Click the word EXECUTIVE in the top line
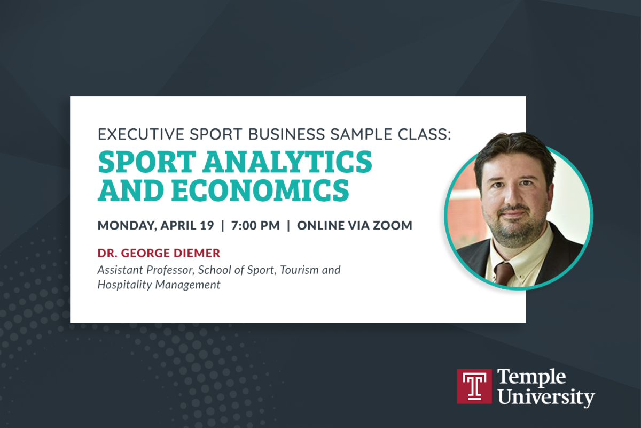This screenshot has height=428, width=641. [141, 134]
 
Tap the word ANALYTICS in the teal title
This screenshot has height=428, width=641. [287, 162]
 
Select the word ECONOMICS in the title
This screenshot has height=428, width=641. [260, 190]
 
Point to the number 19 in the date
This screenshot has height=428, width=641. [207, 225]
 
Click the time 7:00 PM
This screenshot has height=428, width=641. [255, 225]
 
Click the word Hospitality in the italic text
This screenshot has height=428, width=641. [125, 285]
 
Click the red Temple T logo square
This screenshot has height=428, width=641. [474, 386]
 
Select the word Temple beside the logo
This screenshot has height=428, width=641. [531, 377]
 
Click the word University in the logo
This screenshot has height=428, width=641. [546, 398]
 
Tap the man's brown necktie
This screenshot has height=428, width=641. [503, 273]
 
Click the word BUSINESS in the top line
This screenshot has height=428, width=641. [287, 134]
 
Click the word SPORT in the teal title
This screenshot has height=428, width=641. [147, 162]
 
